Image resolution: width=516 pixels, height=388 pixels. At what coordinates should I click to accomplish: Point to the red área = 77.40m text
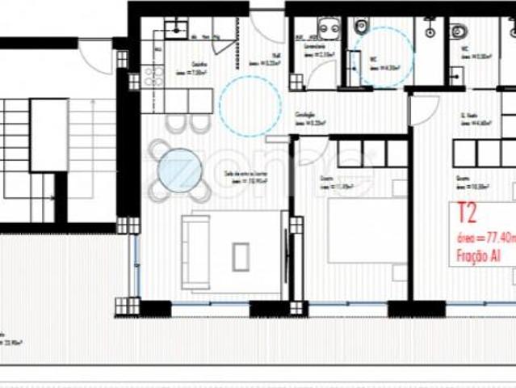pos(486,238)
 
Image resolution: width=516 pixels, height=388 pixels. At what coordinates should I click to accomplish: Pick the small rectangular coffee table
pos(241,256)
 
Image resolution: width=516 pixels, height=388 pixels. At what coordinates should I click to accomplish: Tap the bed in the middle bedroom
pos(367,231)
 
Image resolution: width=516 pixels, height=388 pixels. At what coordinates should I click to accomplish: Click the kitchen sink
pos(176,30)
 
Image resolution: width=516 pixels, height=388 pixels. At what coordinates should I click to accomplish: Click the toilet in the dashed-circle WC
pos(362,26)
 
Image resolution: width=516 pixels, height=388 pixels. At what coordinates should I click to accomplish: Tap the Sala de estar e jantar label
pos(247,176)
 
